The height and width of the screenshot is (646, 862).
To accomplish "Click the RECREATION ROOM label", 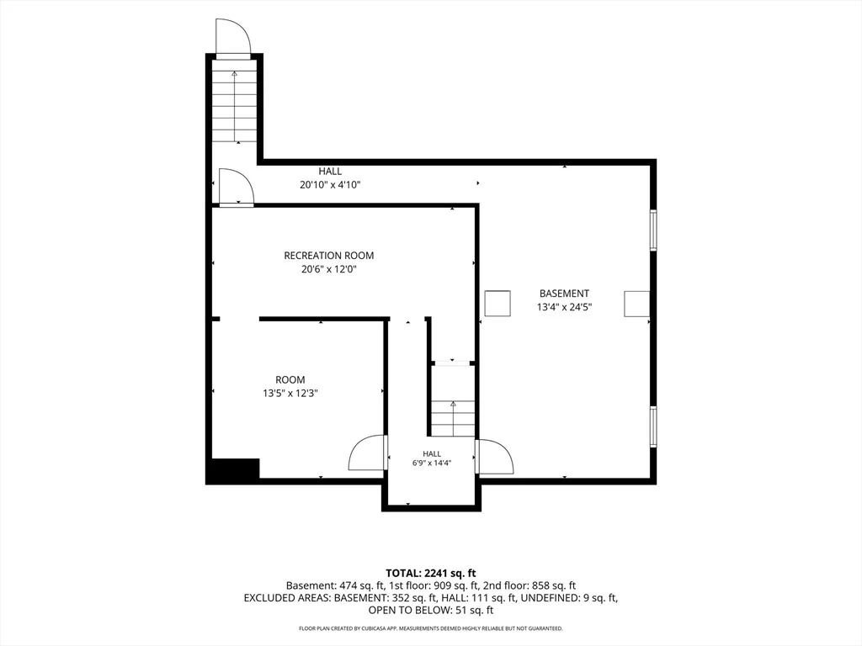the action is click(329, 256).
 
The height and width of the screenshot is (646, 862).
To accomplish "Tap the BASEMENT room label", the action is click(564, 294).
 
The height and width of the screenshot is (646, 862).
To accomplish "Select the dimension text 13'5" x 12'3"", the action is click(290, 394).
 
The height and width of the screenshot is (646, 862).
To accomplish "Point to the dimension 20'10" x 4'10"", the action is click(330, 185).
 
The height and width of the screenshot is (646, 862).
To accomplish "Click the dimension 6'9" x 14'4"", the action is click(432, 463).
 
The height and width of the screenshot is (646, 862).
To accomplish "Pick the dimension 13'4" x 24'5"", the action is click(564, 307).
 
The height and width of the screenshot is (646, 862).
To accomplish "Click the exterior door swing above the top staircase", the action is click(234, 37).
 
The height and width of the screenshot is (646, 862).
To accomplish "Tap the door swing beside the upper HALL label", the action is click(237, 187).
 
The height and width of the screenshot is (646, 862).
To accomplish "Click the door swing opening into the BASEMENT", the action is click(495, 456).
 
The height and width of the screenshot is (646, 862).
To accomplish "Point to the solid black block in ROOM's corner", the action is click(232, 471).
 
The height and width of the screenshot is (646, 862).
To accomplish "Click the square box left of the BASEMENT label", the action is click(498, 303).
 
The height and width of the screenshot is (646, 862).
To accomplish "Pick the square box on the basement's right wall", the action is click(636, 304).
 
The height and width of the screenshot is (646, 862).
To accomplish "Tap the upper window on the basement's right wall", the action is click(653, 230).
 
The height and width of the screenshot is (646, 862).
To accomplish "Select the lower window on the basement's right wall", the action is click(653, 426).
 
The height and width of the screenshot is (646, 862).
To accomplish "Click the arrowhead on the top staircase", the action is click(235, 72).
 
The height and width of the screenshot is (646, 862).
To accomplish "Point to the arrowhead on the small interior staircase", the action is click(453, 404).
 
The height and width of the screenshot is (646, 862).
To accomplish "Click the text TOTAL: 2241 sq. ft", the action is click(431, 574).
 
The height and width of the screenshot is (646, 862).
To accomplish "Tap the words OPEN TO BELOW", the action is click(406, 611).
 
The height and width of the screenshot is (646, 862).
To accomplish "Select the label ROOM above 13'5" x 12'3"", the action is click(290, 379).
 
